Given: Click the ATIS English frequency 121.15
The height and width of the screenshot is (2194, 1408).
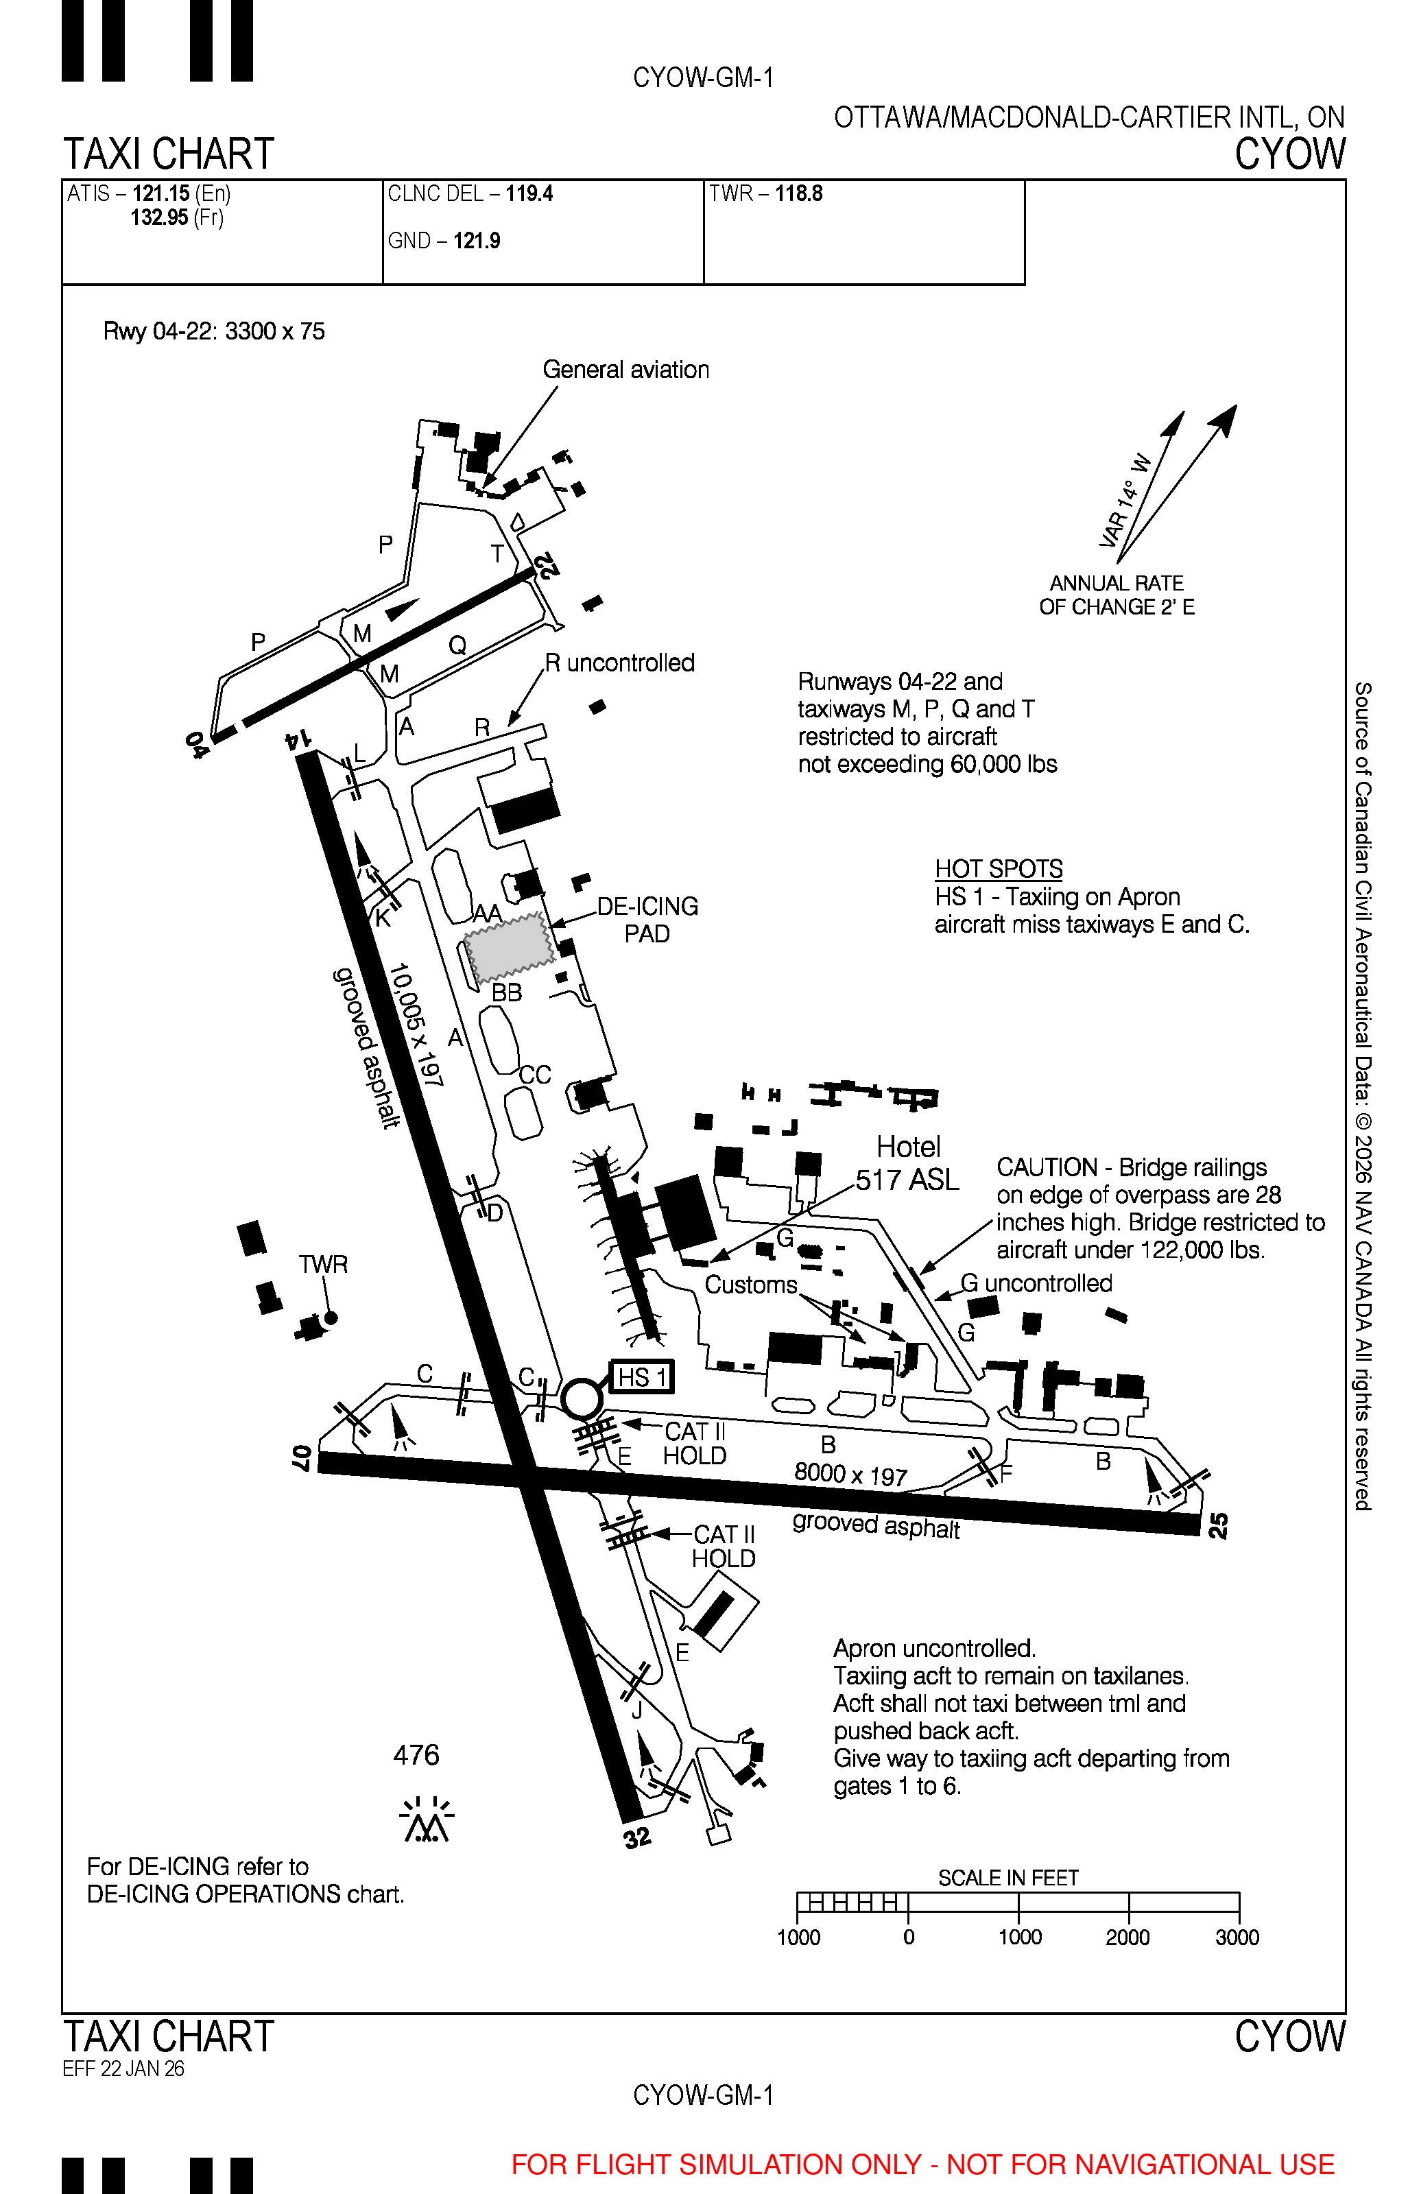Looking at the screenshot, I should coord(161,194).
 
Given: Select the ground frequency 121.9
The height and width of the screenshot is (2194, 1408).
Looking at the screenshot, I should coord(477,241).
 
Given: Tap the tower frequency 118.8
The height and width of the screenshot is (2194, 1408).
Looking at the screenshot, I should coord(798,194).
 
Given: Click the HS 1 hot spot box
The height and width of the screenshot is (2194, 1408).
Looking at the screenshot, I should coord(642,1376).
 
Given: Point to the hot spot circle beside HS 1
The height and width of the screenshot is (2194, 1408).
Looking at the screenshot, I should coord(582,1398).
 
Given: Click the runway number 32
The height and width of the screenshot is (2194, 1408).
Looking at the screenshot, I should coord(637,1837).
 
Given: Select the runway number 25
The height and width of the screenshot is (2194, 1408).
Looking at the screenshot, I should coord(1218,1525).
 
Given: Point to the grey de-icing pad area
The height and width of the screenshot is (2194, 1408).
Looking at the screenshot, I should coord(508,944).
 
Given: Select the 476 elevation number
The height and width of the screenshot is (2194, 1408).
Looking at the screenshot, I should coord(416,1755).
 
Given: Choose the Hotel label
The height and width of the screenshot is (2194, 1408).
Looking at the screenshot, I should coord(908,1147).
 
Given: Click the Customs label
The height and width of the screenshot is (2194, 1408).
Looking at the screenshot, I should coord(750,1285).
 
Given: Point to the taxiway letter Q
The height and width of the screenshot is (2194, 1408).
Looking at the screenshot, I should coord(457,645).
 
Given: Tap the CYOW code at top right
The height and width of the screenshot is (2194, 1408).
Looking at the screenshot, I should coord(1290,154).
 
